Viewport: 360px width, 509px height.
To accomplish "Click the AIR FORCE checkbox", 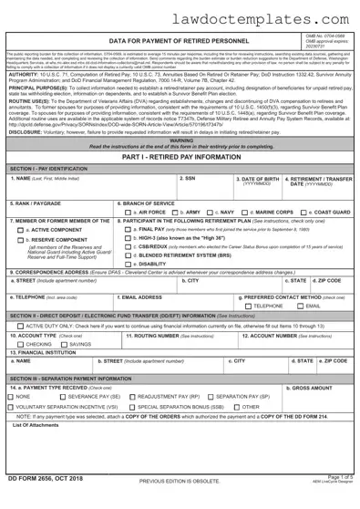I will (x=125, y=238).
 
